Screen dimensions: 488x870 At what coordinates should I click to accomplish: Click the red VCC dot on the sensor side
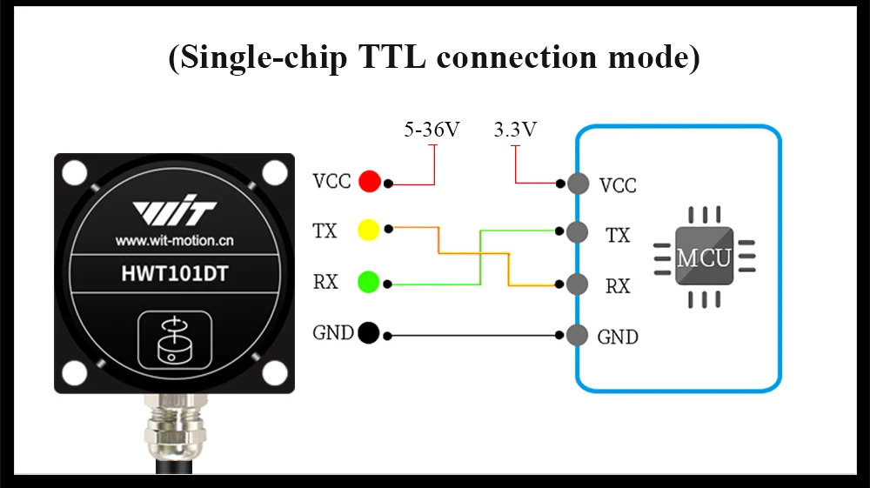coord(370,181)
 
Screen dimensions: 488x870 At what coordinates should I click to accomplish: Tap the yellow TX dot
coord(369,231)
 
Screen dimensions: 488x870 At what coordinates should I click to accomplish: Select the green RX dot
coord(369,282)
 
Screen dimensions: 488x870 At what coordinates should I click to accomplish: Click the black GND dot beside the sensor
coord(368,332)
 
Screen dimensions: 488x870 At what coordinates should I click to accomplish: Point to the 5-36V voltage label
coord(432,130)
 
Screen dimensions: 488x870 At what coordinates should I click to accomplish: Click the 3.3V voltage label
coord(515,130)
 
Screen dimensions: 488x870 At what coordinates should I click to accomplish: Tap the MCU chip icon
coord(704,257)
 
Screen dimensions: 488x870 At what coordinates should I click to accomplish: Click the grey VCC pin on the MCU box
coord(575,184)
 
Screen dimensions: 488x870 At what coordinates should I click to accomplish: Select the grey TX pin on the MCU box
coord(575,232)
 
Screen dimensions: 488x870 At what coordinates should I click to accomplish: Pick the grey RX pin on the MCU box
coord(575,284)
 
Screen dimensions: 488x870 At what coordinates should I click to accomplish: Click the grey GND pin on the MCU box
coord(575,334)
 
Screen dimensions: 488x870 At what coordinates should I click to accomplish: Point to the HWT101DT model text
coord(175,274)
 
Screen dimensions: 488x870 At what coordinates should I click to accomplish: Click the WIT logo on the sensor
coord(174,211)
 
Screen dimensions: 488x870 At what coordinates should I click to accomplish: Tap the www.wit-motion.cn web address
coord(174,239)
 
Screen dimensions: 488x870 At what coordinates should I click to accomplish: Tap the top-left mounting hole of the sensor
coord(75,173)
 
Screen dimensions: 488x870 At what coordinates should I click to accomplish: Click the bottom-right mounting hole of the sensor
coord(274,373)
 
